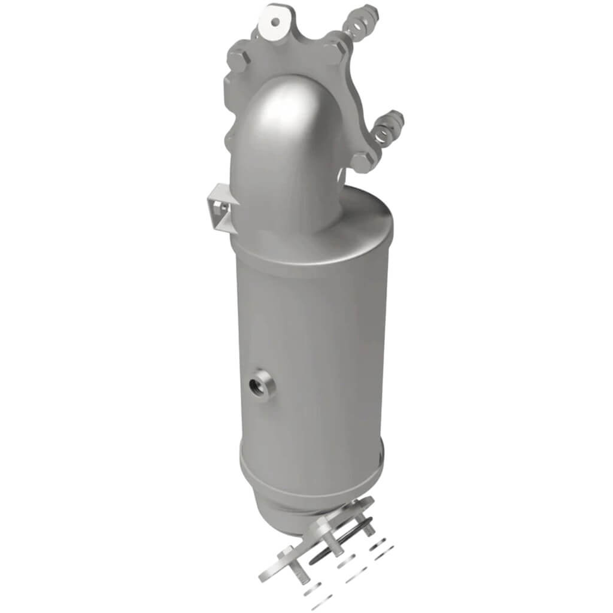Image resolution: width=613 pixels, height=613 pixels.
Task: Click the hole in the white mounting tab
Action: (x=275, y=22)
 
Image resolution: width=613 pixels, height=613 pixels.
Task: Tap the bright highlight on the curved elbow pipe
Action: (x=281, y=111)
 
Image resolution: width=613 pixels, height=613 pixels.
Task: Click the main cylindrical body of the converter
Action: (x=311, y=359)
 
